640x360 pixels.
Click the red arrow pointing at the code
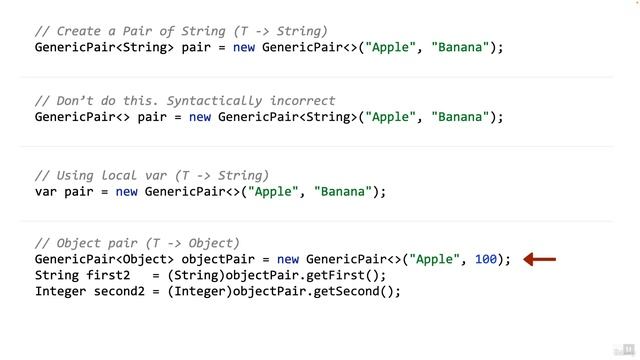coord(540,259)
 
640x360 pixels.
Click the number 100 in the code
coord(486,259)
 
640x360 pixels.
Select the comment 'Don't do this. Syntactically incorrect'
coord(185,101)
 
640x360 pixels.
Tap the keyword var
coord(46,191)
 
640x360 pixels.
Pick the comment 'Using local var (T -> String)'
coord(152,175)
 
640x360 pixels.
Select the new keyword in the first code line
coord(245,47)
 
